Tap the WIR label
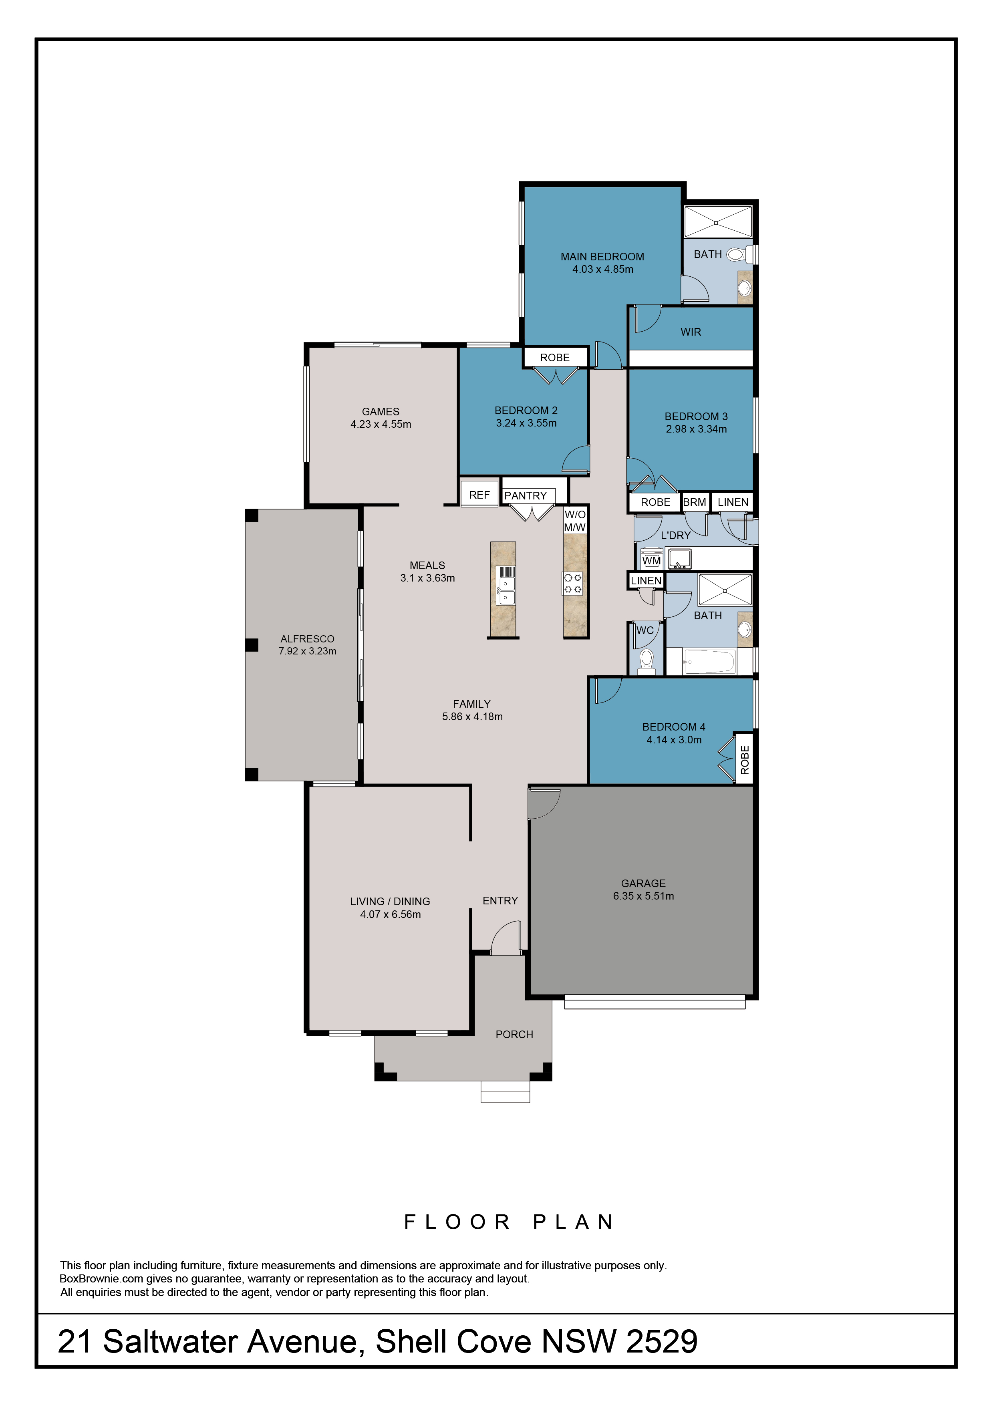pyautogui.click(x=691, y=332)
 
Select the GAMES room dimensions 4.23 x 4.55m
pyautogui.click(x=381, y=424)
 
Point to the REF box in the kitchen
pyautogui.click(x=479, y=495)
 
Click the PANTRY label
pyautogui.click(x=526, y=496)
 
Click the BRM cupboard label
pyautogui.click(x=695, y=502)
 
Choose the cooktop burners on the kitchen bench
pyautogui.click(x=573, y=583)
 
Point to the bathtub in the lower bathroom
pyautogui.click(x=709, y=662)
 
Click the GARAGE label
pyautogui.click(x=643, y=883)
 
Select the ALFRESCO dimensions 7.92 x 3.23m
pyautogui.click(x=307, y=651)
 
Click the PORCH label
pyautogui.click(x=514, y=1034)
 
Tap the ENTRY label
pyautogui.click(x=500, y=900)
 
